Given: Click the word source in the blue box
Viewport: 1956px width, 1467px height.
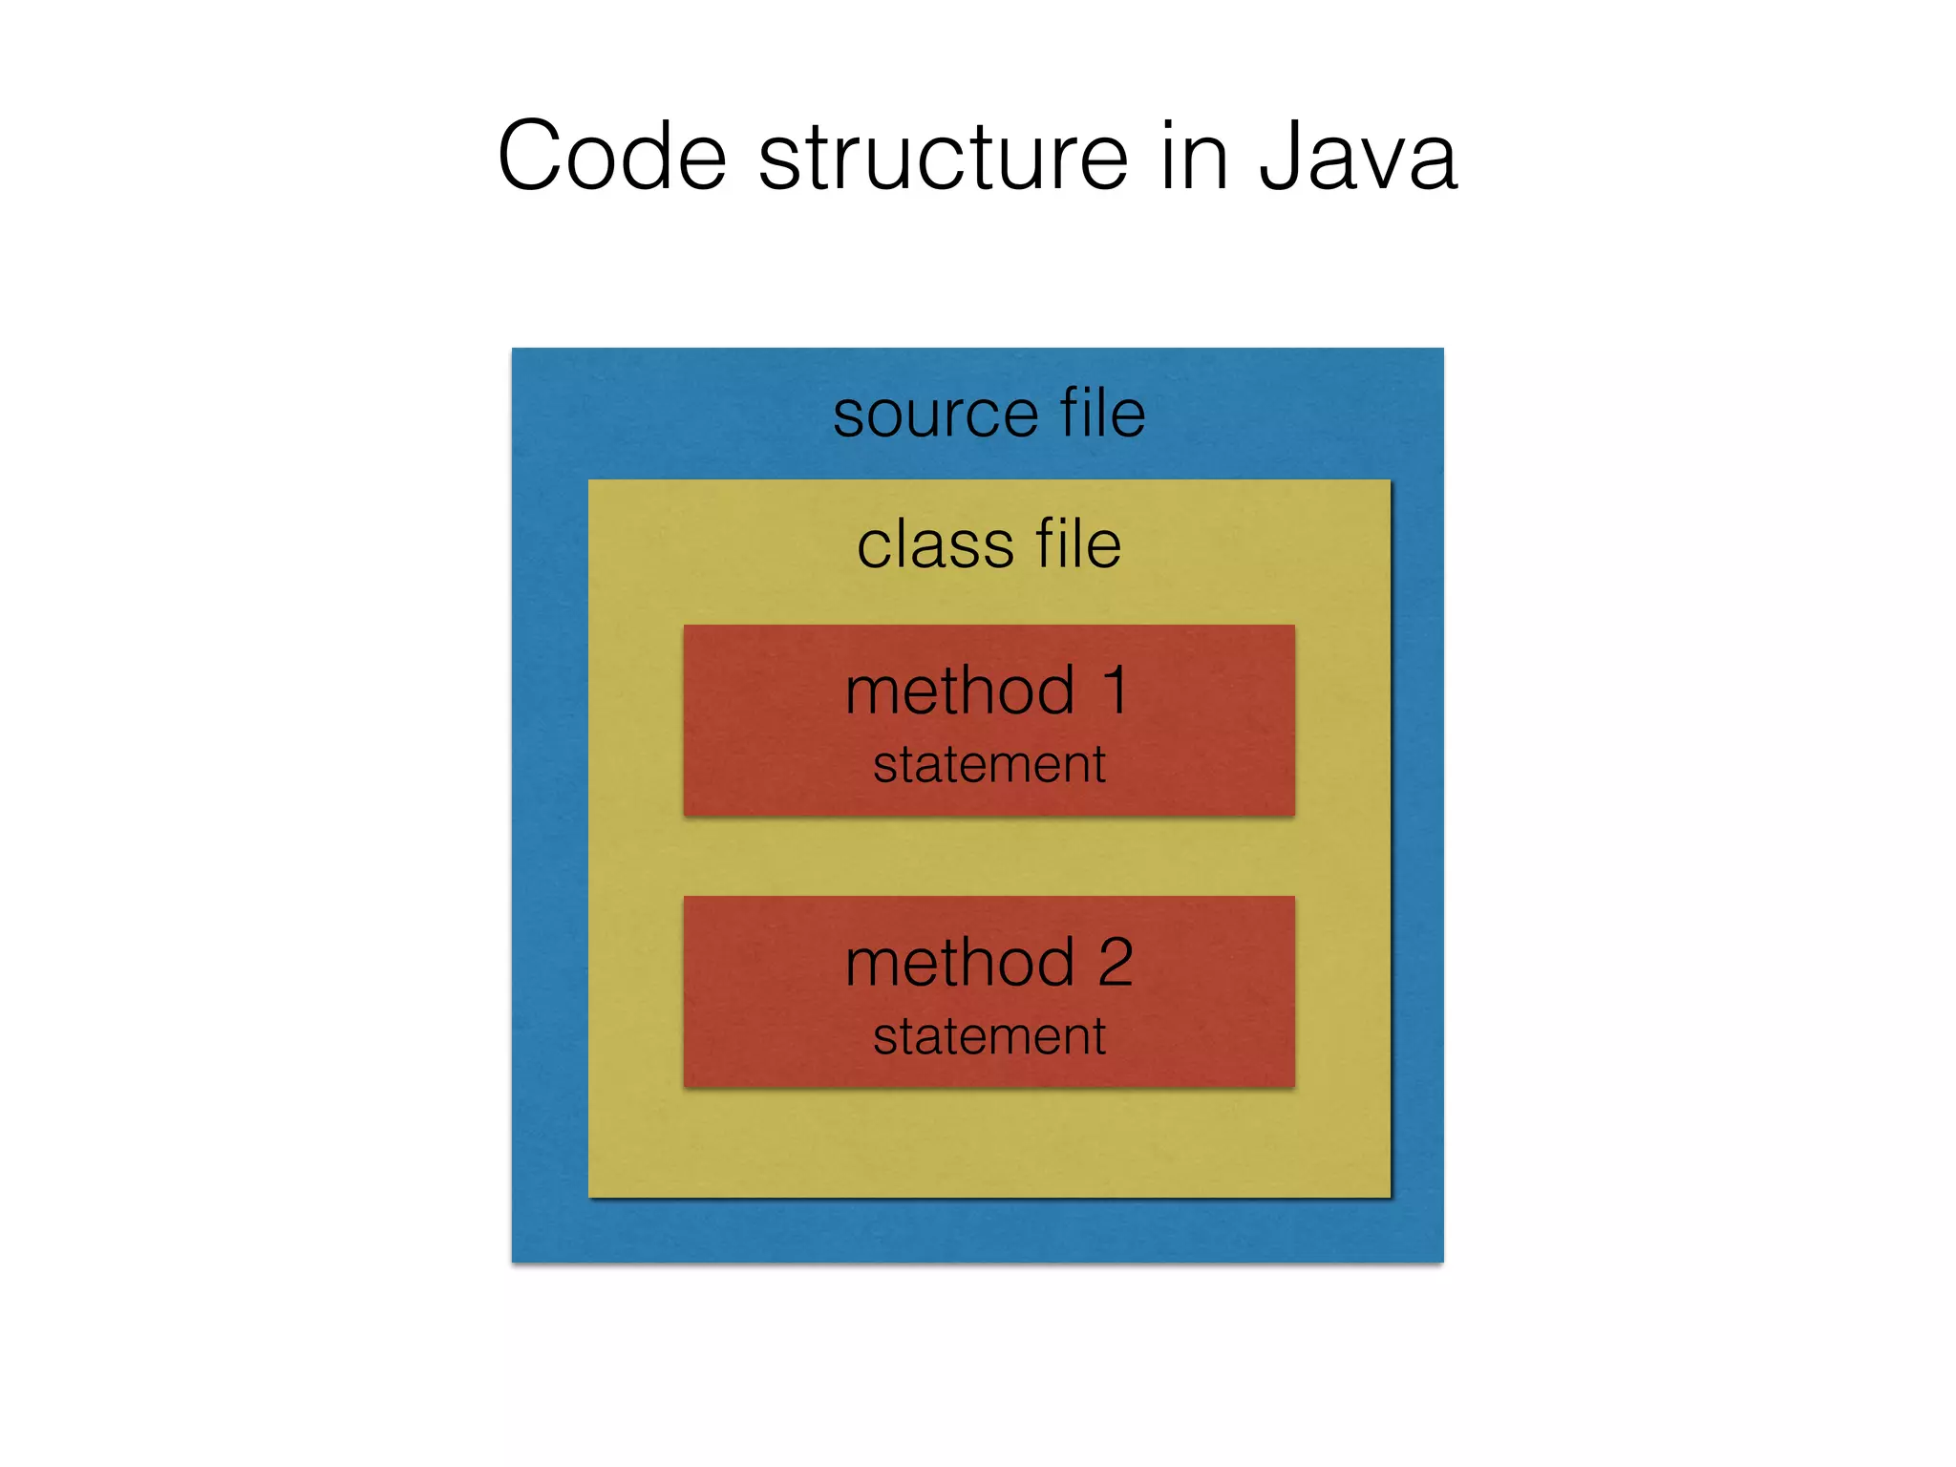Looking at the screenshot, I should (935, 415).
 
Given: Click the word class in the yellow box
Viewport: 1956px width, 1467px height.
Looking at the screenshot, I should (934, 545).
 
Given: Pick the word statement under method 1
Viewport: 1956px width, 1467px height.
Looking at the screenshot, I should (989, 765).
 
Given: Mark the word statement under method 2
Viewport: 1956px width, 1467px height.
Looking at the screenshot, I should (989, 1037).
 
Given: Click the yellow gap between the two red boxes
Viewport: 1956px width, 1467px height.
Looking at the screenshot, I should (989, 856).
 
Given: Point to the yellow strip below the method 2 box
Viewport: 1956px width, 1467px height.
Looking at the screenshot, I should (989, 1142).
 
